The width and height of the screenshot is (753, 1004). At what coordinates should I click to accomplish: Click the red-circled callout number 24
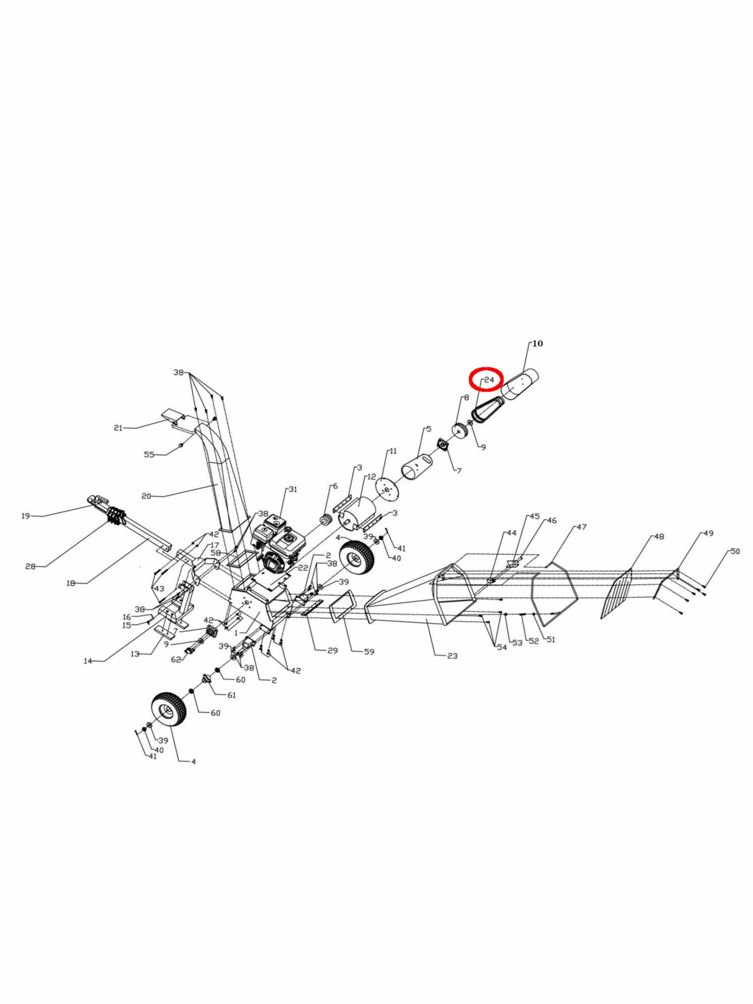[x=489, y=380]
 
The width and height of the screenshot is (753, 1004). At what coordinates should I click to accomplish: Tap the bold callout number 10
[x=537, y=344]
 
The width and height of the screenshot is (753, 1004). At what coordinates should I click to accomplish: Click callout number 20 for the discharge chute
[x=146, y=496]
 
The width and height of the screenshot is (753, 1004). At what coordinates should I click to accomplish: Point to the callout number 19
[x=26, y=516]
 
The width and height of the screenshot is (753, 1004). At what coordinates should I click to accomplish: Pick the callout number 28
[x=31, y=566]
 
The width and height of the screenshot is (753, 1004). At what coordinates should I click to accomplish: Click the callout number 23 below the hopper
[x=452, y=656]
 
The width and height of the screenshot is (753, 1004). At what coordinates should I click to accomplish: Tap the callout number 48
[x=659, y=537]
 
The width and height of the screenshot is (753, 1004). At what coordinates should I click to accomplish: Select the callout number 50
[x=735, y=551]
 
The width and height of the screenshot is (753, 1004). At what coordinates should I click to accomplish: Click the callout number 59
[x=369, y=652]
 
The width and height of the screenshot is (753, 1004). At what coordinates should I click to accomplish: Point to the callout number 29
[x=333, y=650]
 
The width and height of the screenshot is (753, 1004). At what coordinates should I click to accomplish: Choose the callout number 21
[x=118, y=427]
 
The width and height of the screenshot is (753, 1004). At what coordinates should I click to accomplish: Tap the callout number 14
[x=87, y=661]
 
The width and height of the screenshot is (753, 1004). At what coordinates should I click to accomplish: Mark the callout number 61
[x=231, y=695]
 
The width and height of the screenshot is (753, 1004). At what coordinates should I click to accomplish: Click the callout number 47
[x=582, y=527]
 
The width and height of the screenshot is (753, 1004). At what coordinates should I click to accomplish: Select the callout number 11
[x=393, y=451]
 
